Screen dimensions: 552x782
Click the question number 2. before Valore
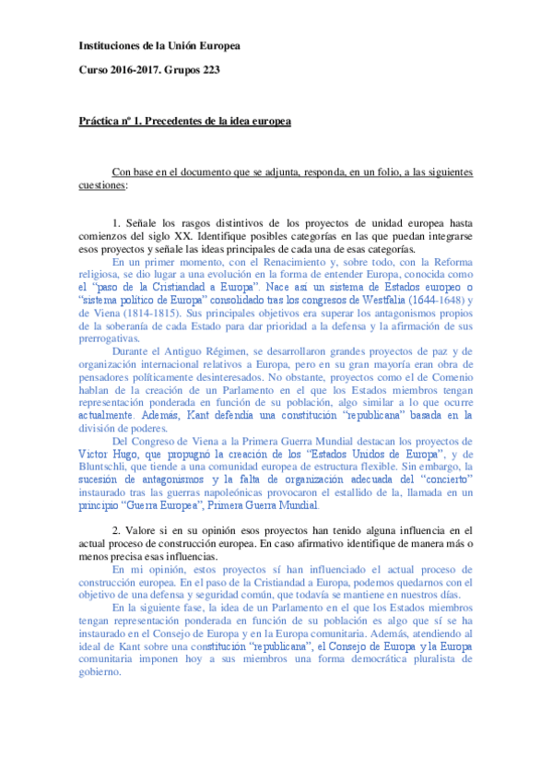tap(117, 530)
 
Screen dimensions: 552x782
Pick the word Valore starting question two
tap(144, 530)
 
